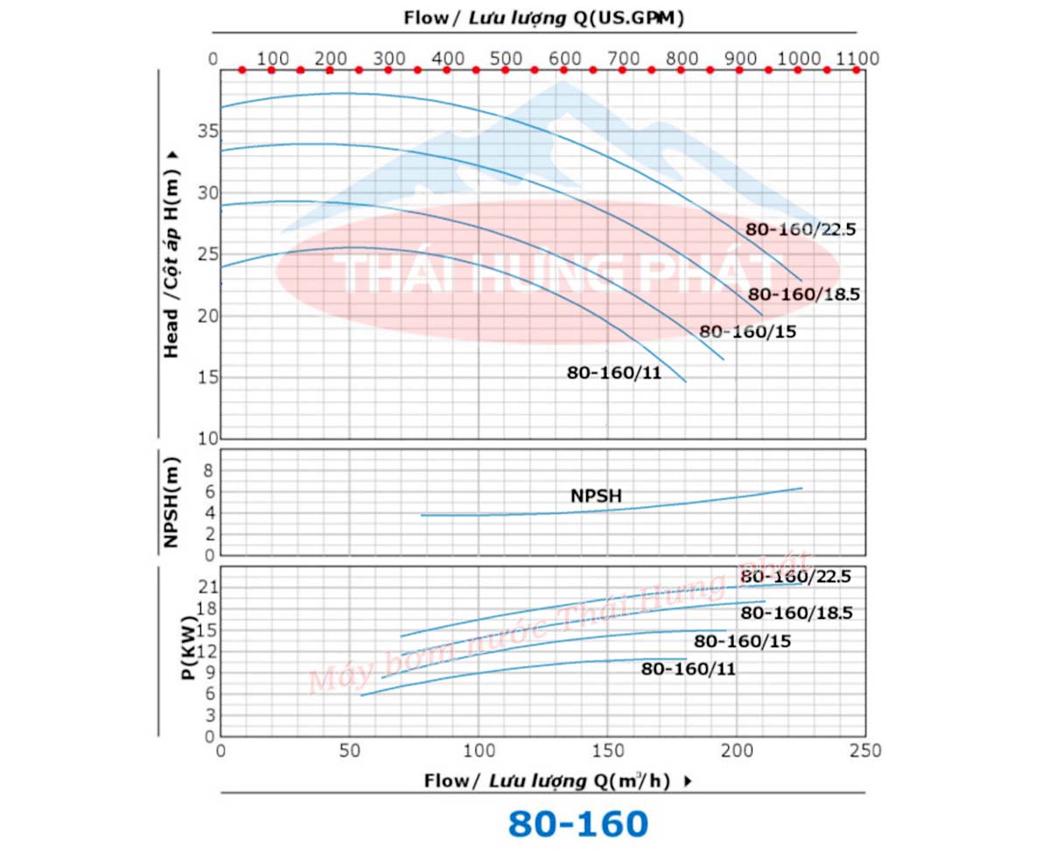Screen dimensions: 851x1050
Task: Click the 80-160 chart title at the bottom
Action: tap(577, 824)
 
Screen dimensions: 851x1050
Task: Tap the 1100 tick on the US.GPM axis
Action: tap(857, 58)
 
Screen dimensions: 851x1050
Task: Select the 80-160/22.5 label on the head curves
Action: tap(799, 229)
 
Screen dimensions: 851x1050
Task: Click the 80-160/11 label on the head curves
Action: tap(613, 372)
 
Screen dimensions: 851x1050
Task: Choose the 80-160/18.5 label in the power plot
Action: tap(796, 613)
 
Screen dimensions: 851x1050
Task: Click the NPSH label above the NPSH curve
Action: tap(596, 496)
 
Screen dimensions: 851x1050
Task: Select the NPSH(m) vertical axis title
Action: tap(171, 503)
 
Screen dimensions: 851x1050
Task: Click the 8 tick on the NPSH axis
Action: tap(208, 470)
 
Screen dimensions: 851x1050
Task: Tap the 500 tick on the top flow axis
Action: tap(505, 58)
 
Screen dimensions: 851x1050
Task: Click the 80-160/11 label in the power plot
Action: tap(689, 669)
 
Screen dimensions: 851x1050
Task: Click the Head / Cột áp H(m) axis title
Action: tap(171, 254)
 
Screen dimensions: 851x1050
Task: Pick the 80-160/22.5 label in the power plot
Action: tap(795, 577)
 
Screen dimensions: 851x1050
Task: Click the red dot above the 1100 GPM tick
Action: tap(857, 69)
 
